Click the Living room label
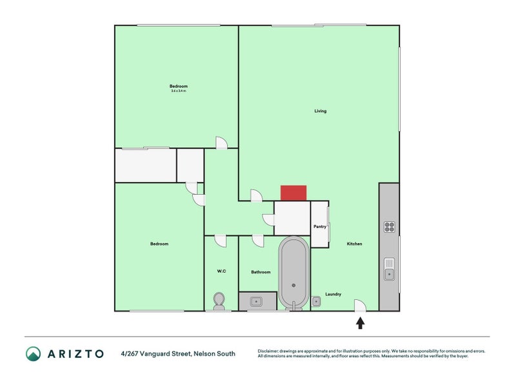(321, 111)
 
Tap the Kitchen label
(354, 244)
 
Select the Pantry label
(320, 226)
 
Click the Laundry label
(333, 294)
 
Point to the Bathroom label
(261, 272)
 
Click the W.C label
(221, 272)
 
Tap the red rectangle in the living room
(293, 193)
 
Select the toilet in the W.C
(219, 301)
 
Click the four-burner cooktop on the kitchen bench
(390, 226)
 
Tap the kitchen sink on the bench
(389, 269)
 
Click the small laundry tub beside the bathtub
(316, 301)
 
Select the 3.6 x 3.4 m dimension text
(179, 91)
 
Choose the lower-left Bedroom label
(159, 244)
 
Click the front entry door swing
(361, 306)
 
